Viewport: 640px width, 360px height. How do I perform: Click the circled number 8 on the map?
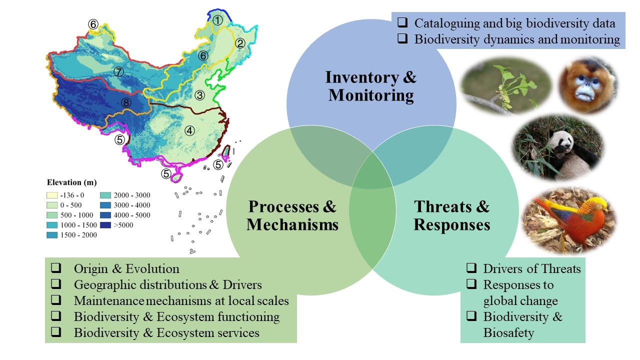[x=125, y=103]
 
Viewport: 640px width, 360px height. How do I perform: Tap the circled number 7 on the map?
[x=118, y=72]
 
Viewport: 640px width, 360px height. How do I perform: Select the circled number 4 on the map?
[x=189, y=130]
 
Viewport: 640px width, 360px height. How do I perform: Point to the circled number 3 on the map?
[x=199, y=95]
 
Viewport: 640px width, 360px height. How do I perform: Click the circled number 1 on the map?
[x=217, y=20]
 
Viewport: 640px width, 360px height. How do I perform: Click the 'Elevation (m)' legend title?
[x=72, y=182]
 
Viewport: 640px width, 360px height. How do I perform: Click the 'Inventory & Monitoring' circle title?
[x=371, y=86]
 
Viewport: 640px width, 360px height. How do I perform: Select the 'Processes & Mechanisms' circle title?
[x=292, y=215]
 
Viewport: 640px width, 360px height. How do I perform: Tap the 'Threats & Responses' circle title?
[x=451, y=215]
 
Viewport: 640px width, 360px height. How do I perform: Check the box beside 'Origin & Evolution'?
[x=56, y=268]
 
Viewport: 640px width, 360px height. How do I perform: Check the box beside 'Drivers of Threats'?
[x=471, y=268]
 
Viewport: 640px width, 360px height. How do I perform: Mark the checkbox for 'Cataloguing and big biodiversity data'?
[x=402, y=23]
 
